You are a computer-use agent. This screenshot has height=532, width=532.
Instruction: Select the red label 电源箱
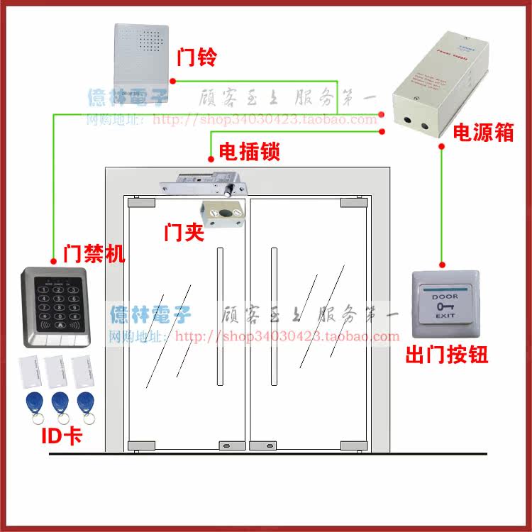(483, 133)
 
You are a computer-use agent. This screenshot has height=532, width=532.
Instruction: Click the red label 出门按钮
(447, 355)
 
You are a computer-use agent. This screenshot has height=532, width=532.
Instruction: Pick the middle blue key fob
(60, 404)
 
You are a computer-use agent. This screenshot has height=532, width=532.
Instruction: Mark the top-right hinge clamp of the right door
(353, 203)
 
